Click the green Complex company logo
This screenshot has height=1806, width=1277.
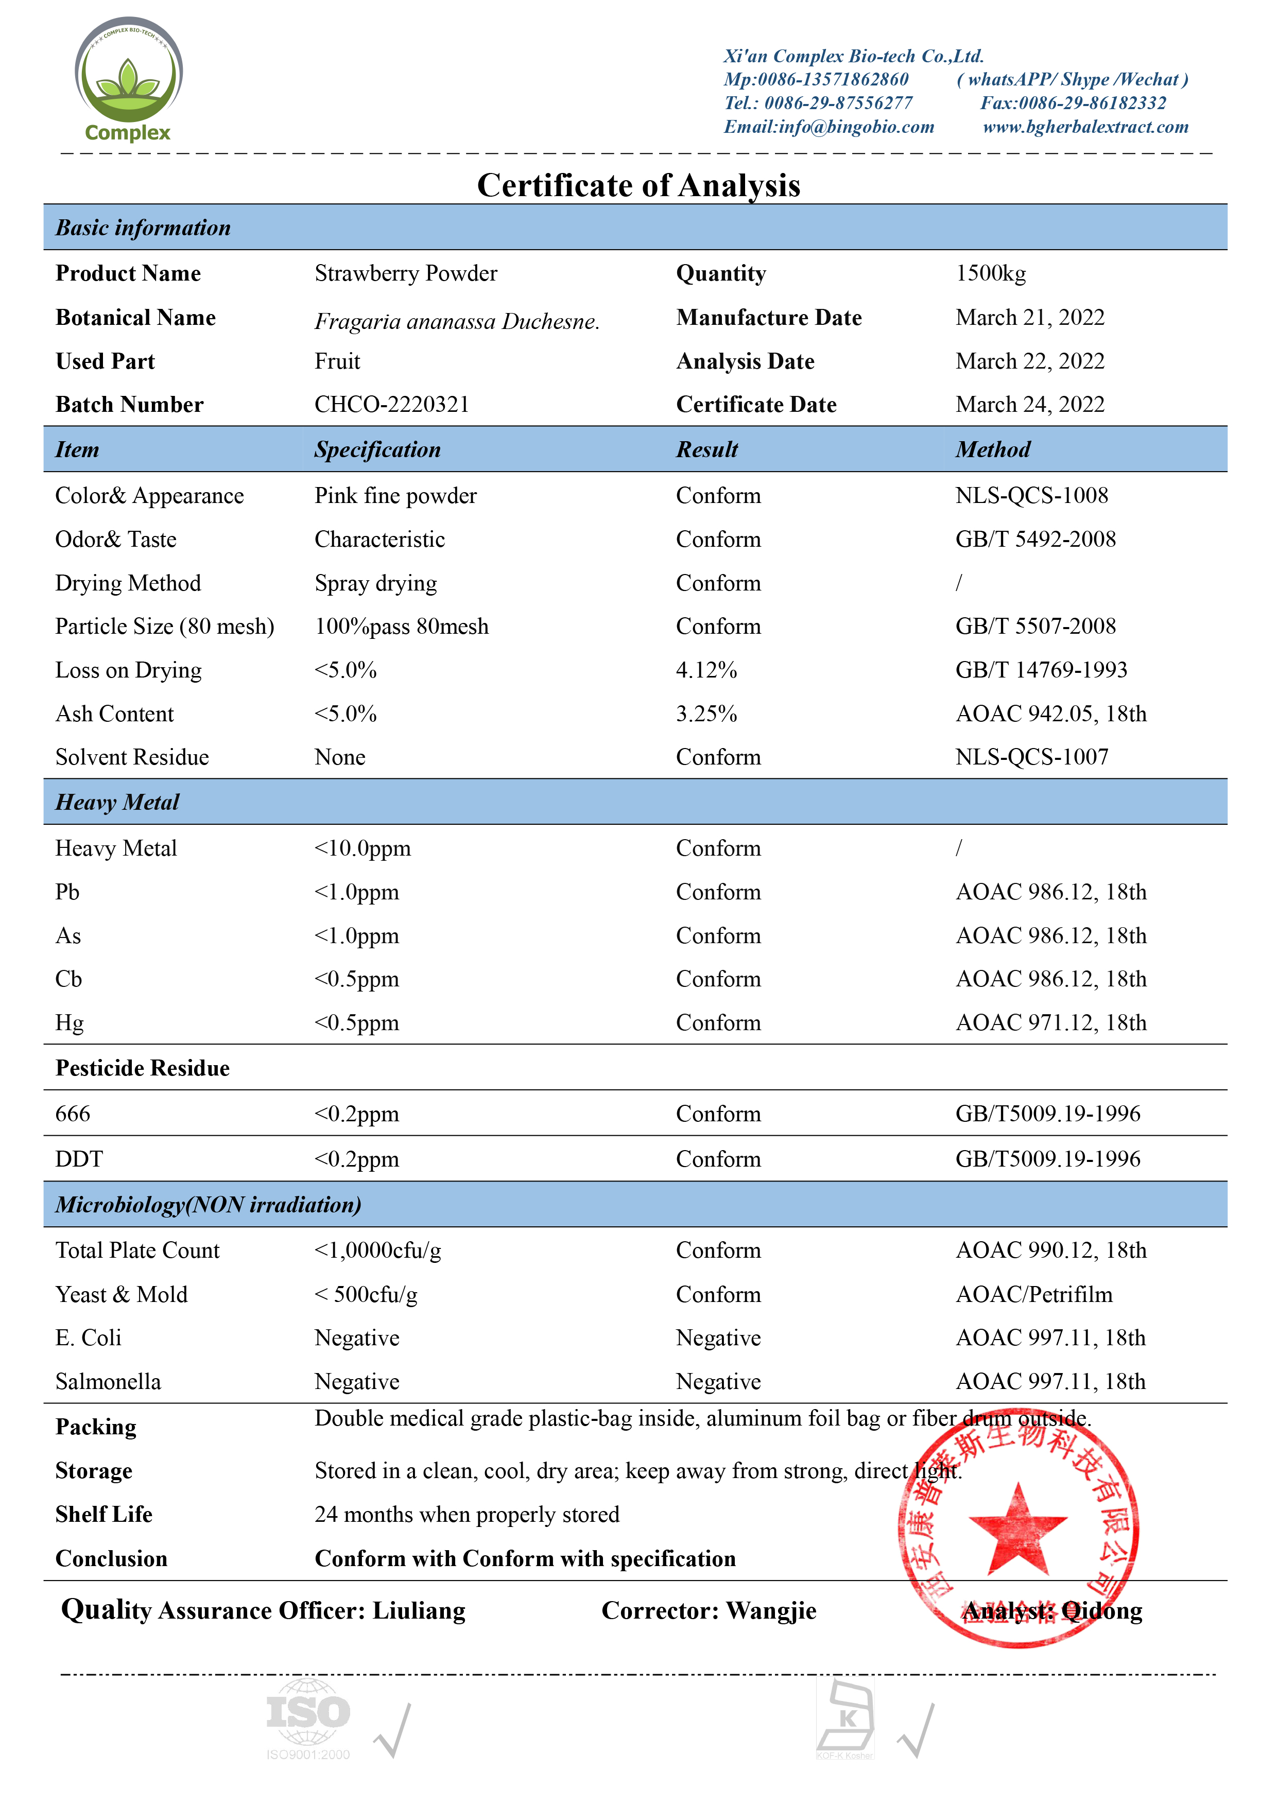tap(128, 79)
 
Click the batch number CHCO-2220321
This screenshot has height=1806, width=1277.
tap(392, 404)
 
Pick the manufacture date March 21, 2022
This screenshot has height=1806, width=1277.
tap(1029, 317)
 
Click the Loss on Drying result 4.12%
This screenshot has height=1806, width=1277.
tap(706, 670)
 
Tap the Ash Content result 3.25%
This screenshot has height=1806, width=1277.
tap(706, 714)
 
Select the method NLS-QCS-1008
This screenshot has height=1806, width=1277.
tap(1031, 496)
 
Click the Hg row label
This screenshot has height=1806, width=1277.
tap(69, 1022)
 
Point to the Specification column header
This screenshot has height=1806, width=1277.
tap(377, 450)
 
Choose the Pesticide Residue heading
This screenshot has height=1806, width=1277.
tap(143, 1068)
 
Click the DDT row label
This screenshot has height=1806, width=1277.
tap(79, 1159)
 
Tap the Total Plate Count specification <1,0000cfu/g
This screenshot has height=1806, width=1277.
tap(377, 1251)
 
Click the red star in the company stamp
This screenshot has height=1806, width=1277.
tap(1017, 1527)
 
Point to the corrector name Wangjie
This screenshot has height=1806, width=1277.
tap(771, 1611)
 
